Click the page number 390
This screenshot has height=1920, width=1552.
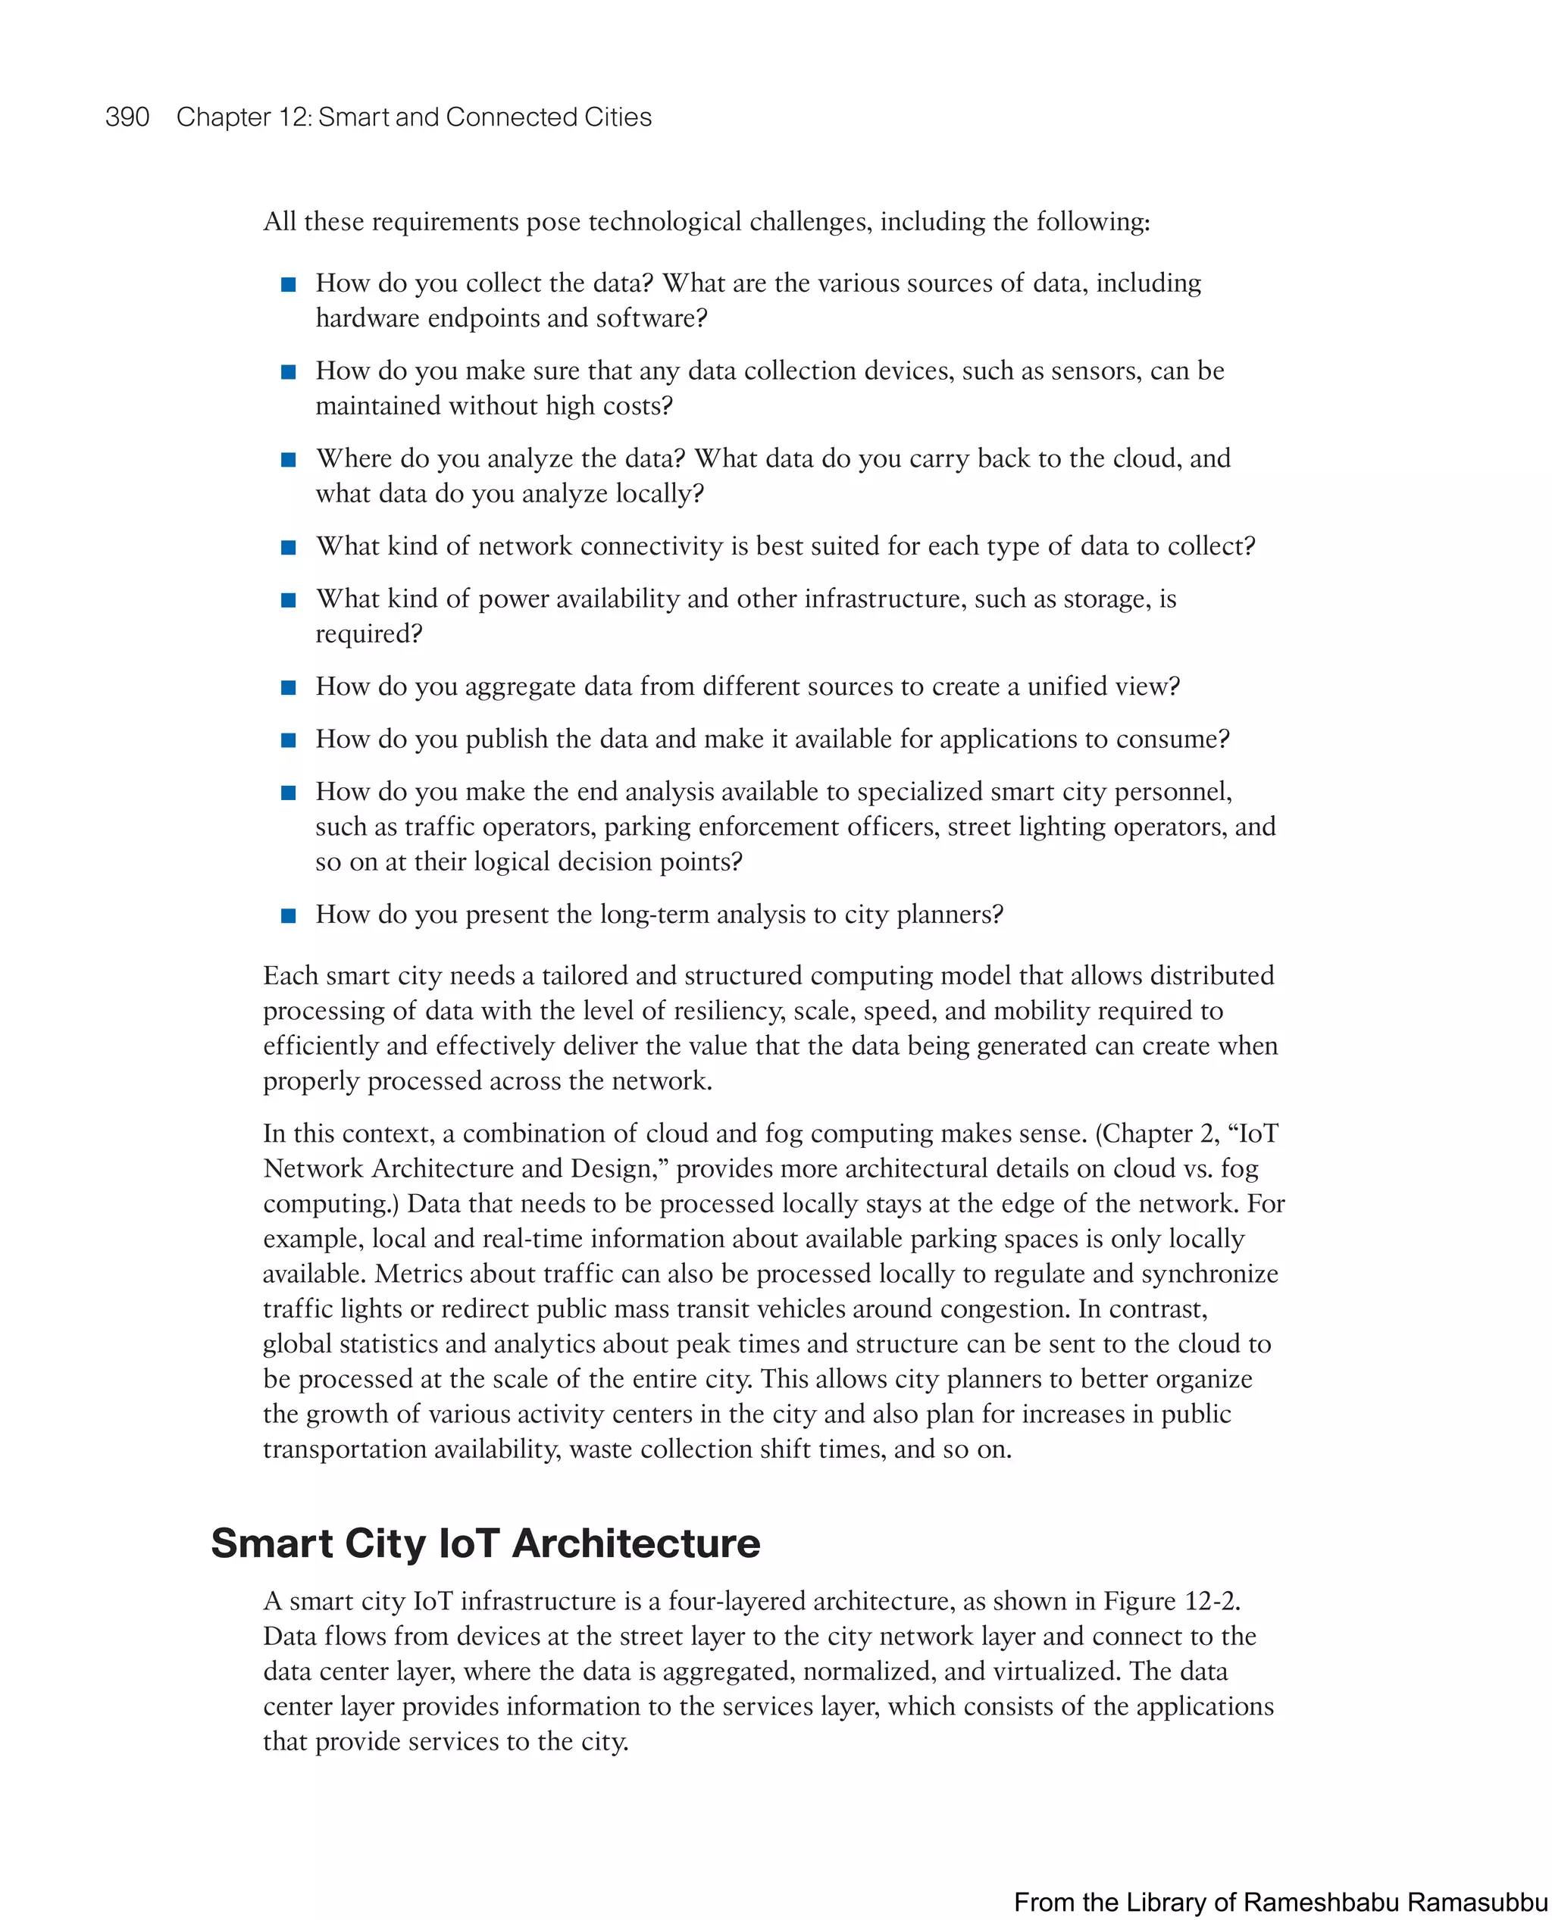[x=127, y=117]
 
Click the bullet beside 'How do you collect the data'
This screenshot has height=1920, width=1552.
[x=289, y=285]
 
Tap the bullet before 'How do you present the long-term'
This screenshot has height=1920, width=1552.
[x=289, y=916]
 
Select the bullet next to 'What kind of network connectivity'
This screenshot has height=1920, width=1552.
[x=289, y=548]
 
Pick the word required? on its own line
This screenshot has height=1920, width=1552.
[x=368, y=633]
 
